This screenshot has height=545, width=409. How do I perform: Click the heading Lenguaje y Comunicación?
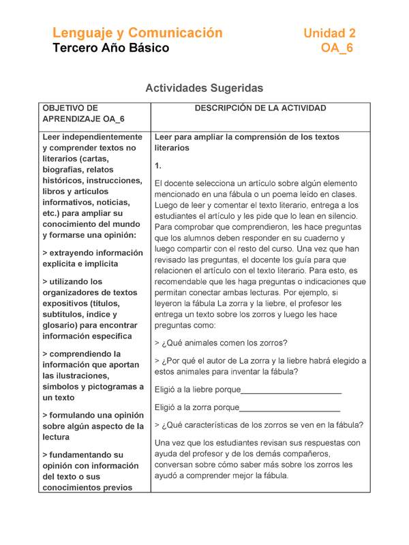coord(138,33)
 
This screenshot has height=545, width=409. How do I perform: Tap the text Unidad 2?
coord(329,33)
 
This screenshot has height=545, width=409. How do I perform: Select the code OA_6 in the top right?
coord(337,48)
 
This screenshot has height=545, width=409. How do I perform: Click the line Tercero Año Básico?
coord(111,48)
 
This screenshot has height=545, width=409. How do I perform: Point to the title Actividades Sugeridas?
coord(204,88)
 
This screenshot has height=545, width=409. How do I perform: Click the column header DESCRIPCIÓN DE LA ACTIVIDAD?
coord(260,108)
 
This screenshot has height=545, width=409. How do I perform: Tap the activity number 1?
coord(158,166)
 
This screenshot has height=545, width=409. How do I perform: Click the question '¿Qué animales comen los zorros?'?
coord(221,342)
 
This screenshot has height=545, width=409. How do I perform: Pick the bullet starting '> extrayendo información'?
coord(93,258)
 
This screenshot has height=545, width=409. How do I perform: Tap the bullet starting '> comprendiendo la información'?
coord(93,376)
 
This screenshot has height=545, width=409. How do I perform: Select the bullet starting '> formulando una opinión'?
coord(93,426)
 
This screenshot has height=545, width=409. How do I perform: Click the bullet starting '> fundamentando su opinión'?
coord(93,471)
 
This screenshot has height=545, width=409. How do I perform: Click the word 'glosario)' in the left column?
coord(61,326)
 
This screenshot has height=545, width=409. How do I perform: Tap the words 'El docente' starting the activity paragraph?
coord(175,183)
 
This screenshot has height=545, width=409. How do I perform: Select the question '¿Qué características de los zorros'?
coord(259,424)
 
